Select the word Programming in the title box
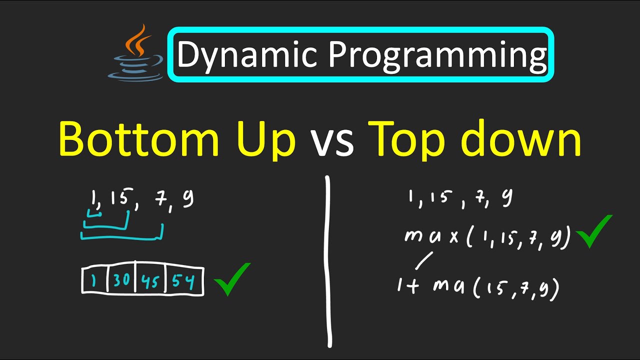(x=437, y=55)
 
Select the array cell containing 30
(x=122, y=281)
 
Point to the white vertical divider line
(x=328, y=260)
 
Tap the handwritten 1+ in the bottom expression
(x=408, y=287)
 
